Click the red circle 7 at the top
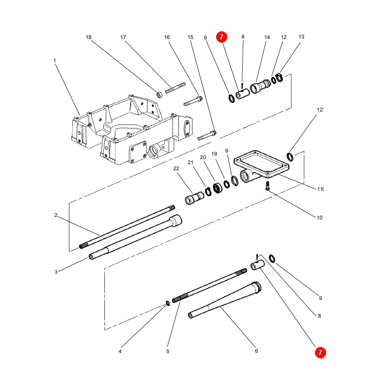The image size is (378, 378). [221, 37]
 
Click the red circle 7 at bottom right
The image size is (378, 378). [320, 353]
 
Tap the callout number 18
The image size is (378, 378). [89, 37]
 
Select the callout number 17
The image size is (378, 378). [123, 37]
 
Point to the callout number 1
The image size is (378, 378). [55, 60]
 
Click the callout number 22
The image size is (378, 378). [176, 168]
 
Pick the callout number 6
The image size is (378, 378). [256, 351]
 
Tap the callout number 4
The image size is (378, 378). [120, 352]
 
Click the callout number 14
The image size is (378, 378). [267, 37]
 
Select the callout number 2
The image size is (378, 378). [56, 215]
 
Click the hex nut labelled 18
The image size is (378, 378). [159, 94]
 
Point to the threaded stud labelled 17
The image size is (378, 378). [175, 88]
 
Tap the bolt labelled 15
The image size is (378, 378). [207, 135]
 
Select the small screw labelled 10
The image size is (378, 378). [268, 186]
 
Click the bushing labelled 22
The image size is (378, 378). [194, 198]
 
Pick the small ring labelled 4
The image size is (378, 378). [168, 303]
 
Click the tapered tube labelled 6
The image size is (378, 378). [224, 299]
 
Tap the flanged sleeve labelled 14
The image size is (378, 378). [260, 86]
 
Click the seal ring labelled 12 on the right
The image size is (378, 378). [290, 157]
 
